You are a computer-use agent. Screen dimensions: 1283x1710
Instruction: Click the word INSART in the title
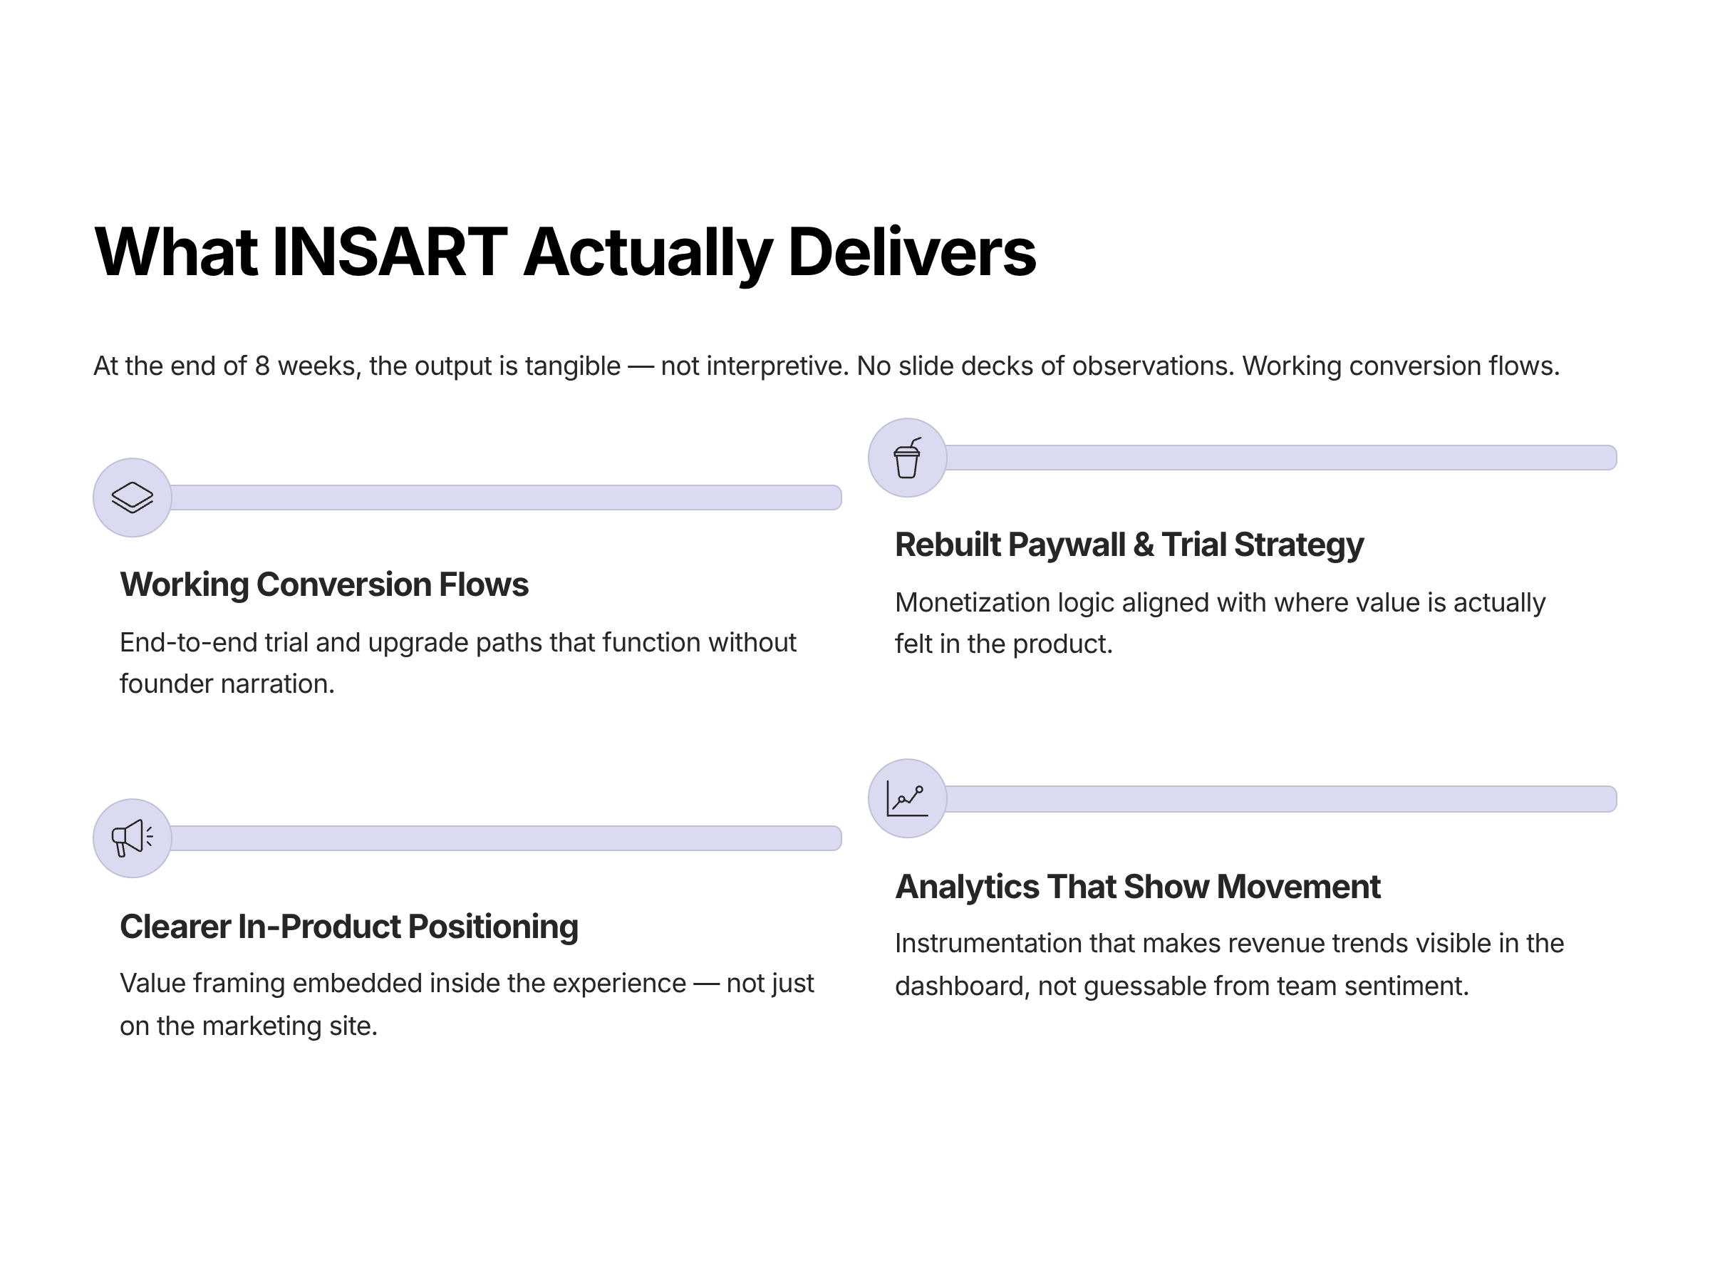390,253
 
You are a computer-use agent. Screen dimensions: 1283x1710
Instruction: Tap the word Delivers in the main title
911,253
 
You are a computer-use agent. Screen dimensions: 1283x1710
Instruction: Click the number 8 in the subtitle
262,366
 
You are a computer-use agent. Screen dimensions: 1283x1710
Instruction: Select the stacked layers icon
133,498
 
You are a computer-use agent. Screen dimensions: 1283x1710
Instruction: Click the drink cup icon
907,458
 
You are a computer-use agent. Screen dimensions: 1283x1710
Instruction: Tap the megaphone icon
133,838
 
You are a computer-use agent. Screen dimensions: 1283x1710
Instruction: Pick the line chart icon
907,798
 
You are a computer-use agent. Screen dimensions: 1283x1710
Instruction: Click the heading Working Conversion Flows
324,584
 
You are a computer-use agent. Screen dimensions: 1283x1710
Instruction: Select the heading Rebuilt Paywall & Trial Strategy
1129,545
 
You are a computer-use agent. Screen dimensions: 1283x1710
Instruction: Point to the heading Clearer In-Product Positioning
348,927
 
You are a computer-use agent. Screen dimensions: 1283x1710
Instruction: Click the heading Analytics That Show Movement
1137,886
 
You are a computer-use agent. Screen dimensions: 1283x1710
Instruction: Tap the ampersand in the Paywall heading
1144,545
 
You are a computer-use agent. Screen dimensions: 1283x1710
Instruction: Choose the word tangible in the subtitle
572,366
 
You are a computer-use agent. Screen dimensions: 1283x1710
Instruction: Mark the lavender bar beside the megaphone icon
506,838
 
